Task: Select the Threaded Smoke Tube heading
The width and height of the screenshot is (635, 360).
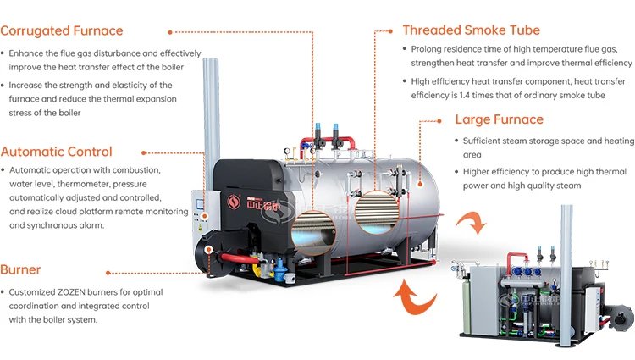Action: (x=471, y=30)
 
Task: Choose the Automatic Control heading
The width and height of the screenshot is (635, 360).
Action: (x=57, y=152)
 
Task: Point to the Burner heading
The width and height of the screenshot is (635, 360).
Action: (x=20, y=270)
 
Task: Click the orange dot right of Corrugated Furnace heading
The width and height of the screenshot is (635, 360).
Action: (x=170, y=31)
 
